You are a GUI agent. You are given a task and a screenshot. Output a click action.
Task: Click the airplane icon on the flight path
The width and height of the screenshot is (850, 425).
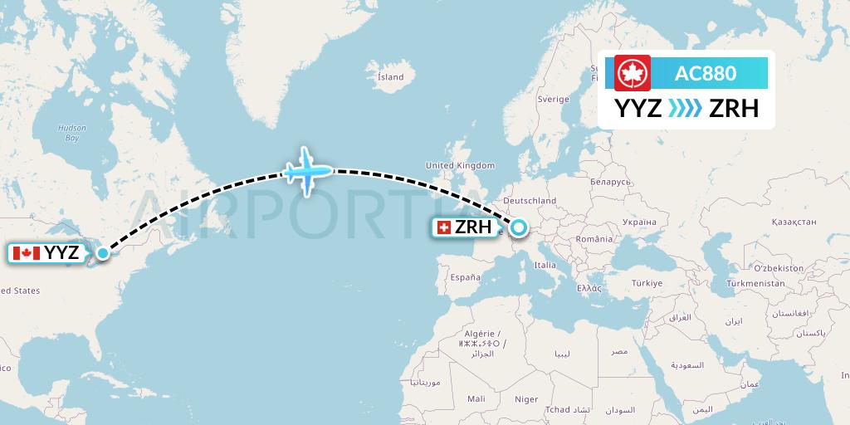[x=308, y=172]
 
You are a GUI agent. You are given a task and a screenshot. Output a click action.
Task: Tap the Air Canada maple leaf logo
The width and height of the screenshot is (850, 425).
[x=633, y=73]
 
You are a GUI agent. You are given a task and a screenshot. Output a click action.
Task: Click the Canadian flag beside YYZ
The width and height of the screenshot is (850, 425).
[x=27, y=253]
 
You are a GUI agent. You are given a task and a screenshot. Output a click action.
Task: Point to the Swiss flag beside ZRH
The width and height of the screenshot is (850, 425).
[x=443, y=227]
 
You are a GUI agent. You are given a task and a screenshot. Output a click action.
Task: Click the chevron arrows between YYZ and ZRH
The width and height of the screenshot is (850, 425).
[x=686, y=109]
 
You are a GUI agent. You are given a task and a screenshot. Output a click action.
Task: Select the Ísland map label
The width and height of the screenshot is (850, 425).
[x=390, y=77]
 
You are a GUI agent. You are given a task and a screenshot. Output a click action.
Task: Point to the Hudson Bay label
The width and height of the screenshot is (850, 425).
[x=66, y=133]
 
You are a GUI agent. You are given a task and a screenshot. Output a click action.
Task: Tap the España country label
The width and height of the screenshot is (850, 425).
[x=465, y=277]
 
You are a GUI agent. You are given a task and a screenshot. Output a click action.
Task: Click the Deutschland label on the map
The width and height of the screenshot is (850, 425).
[x=529, y=201]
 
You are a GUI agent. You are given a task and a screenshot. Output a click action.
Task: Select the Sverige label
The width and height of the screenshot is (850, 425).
[x=553, y=99]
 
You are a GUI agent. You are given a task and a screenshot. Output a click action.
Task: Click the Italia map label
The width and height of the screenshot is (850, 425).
[x=545, y=266]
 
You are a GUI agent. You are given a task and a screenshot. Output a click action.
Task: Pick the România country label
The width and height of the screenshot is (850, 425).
[x=595, y=238]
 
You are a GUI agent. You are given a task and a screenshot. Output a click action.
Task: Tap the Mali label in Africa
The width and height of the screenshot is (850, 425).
[x=476, y=399]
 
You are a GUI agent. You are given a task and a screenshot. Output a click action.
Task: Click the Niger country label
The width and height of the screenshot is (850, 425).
[x=526, y=399]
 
